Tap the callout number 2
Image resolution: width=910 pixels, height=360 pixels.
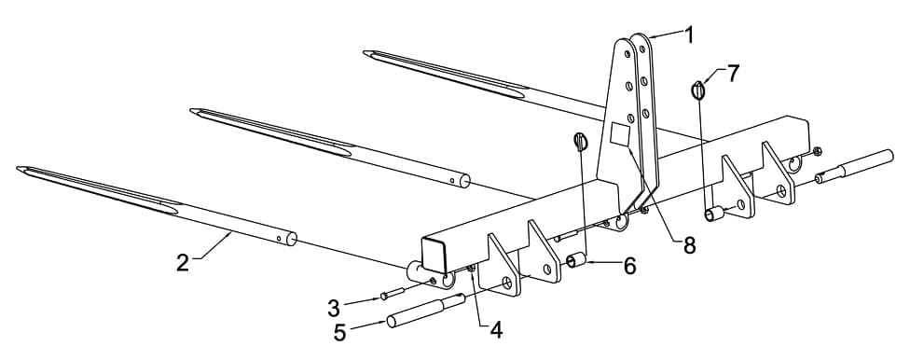pyautogui.click(x=183, y=261)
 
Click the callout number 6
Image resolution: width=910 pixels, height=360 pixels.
pyautogui.click(x=629, y=267)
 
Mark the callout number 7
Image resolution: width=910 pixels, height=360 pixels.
pyautogui.click(x=733, y=74)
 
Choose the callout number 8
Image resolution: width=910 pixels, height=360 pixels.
pyautogui.click(x=689, y=244)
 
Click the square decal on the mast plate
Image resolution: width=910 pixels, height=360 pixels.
pyautogui.click(x=621, y=134)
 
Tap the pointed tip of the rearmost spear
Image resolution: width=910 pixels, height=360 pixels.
pyautogui.click(x=365, y=52)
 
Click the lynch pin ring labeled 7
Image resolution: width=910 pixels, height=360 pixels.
pyautogui.click(x=700, y=90)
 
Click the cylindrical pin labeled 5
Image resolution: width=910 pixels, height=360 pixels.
pyautogui.click(x=425, y=312)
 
